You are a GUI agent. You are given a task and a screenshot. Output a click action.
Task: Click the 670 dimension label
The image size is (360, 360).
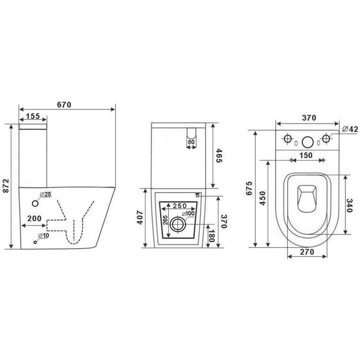click(64, 105)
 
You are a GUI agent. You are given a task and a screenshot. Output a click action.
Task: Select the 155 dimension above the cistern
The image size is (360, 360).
click(33, 116)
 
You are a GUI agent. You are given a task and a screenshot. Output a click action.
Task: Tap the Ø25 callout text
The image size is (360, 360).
click(45, 195)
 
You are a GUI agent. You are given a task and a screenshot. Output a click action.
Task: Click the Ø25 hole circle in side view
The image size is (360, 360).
click(35, 203)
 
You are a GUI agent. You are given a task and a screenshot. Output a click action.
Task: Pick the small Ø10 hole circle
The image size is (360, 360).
click(35, 242)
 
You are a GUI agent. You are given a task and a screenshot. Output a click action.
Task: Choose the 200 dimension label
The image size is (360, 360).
click(35, 218)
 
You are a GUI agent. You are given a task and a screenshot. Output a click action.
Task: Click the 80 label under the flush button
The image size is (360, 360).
click(191, 142)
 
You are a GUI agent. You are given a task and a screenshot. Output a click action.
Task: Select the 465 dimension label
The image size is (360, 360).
click(219, 156)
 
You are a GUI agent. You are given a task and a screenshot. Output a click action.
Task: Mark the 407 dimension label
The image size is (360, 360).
click(140, 217)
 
